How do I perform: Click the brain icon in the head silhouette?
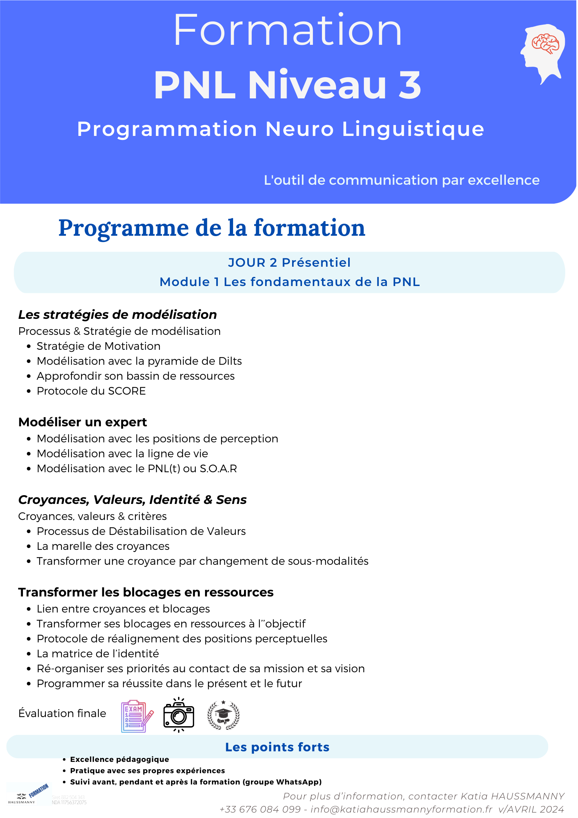tap(545, 43)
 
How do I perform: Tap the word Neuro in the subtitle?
tap(299, 129)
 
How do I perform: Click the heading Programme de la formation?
tap(212, 228)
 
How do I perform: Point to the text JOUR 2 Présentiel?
tap(289, 262)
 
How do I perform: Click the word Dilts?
tap(230, 361)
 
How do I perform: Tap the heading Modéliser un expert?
tap(83, 422)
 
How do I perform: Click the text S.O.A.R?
tap(218, 469)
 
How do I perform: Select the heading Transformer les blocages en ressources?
tap(146, 592)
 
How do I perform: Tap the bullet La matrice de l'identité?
tap(98, 654)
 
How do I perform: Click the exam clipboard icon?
tap(137, 716)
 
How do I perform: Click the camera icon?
tap(178, 715)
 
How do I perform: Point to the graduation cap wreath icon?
tap(223, 715)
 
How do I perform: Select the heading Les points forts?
tap(277, 747)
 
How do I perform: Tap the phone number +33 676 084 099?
tap(260, 809)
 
